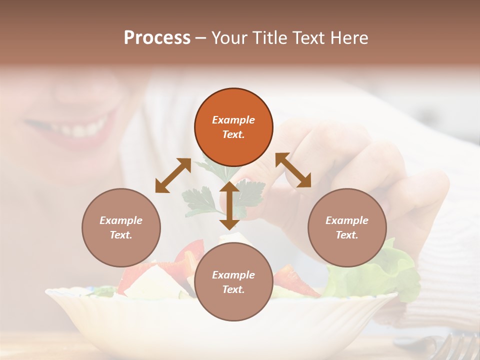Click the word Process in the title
point(157,38)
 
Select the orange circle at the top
point(233,127)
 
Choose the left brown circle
point(121,227)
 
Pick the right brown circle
point(347,227)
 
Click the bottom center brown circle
point(233,282)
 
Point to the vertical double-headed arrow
point(229,205)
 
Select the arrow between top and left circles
point(173,175)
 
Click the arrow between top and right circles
point(293,170)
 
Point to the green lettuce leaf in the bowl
point(395,270)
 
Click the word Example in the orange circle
point(233,120)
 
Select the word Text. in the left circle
point(121,235)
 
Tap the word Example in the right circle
point(347,220)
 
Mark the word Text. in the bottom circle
point(233,289)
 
